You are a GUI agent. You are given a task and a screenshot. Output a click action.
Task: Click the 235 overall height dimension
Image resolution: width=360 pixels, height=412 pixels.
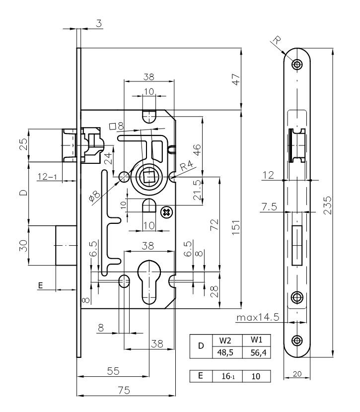pyautogui.click(x=328, y=205)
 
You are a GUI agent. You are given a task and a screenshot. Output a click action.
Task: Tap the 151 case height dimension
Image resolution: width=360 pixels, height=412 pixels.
pyautogui.click(x=236, y=227)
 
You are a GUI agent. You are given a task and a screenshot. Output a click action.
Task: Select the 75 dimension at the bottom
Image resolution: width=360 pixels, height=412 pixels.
pyautogui.click(x=124, y=390)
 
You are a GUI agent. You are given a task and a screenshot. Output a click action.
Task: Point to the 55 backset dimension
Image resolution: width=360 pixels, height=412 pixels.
pyautogui.click(x=113, y=371)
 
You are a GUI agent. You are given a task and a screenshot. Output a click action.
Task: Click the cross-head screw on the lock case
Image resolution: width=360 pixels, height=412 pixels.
pyautogui.click(x=167, y=212)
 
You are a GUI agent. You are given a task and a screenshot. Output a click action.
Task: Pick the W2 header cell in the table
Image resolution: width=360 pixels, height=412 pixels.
pyautogui.click(x=225, y=341)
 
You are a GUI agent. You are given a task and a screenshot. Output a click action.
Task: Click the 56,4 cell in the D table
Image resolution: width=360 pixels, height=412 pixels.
pyautogui.click(x=256, y=352)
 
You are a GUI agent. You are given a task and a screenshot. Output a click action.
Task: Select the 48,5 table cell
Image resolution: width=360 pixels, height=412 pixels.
pyautogui.click(x=225, y=352)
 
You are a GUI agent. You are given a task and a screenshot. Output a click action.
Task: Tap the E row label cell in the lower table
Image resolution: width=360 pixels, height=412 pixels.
pyautogui.click(x=201, y=376)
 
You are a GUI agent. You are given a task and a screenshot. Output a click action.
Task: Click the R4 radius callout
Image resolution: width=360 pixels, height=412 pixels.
pyautogui.click(x=187, y=165)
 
